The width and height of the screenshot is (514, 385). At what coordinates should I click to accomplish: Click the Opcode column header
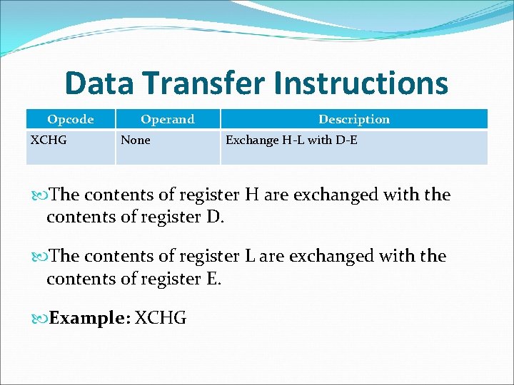(70, 119)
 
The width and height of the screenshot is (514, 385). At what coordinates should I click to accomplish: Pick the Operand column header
(167, 119)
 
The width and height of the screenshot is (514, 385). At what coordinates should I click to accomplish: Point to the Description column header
(354, 119)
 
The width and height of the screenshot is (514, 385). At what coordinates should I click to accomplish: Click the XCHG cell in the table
(49, 140)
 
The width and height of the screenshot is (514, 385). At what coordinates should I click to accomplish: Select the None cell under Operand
(136, 140)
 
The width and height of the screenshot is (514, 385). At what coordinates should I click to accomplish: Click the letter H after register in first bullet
(252, 195)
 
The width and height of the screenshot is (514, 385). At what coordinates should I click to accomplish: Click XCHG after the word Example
(161, 318)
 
